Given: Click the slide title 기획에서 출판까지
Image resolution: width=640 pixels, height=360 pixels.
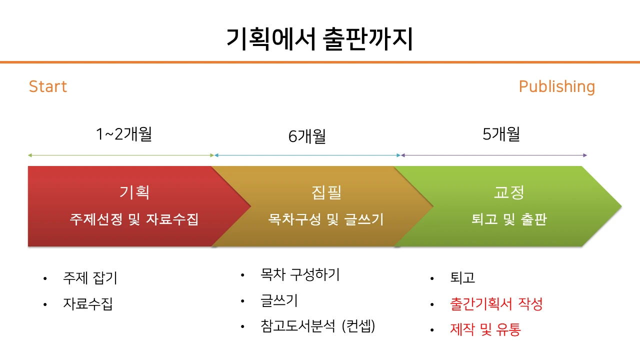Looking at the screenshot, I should click(x=320, y=39).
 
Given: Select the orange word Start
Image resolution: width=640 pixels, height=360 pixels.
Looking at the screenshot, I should click(x=48, y=86).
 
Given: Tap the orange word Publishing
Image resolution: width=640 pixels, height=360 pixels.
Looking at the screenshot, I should click(x=556, y=86).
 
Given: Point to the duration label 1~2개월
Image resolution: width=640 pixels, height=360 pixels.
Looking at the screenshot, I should click(x=124, y=134).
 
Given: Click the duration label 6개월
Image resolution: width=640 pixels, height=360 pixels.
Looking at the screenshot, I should click(x=307, y=136).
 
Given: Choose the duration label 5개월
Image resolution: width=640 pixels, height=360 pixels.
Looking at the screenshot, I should click(x=501, y=134).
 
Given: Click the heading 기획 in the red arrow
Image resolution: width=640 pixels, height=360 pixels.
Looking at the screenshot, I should click(x=134, y=192).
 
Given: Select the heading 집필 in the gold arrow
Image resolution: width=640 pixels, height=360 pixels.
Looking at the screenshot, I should click(x=326, y=192).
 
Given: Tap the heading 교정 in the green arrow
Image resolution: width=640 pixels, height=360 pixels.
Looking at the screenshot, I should click(x=508, y=192).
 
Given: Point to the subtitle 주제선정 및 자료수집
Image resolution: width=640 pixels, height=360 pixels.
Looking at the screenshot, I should click(x=134, y=219).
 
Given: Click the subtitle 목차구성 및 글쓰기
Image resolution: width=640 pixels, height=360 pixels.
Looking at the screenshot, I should click(x=326, y=219).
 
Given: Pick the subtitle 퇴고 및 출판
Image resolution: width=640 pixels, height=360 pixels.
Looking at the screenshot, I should click(x=508, y=219).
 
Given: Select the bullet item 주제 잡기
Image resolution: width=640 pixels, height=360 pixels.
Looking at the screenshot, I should click(x=90, y=278).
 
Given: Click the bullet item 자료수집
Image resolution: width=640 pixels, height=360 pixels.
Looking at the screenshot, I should click(x=88, y=303).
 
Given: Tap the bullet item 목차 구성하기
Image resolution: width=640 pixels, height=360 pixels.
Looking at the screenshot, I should click(x=300, y=274).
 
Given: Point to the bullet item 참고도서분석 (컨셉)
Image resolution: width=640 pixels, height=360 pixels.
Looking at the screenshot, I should click(x=317, y=326).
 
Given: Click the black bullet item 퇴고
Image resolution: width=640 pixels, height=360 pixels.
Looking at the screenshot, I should click(x=462, y=278).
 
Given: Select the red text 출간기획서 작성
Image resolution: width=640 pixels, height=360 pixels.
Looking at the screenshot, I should click(x=496, y=303).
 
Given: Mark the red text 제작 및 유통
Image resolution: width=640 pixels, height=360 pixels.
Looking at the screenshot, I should click(x=485, y=329).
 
